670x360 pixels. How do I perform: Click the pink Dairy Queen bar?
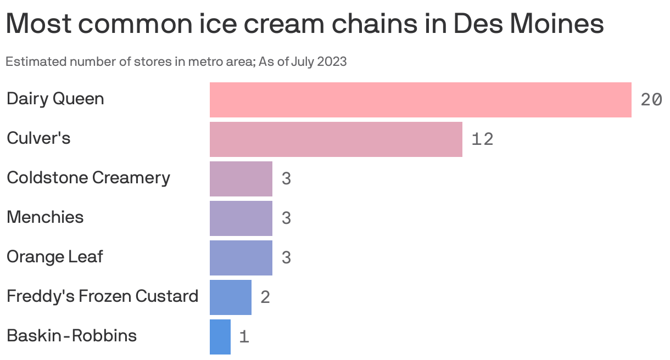(x=420, y=100)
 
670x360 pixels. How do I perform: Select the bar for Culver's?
(x=336, y=139)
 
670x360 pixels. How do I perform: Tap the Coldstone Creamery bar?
(x=241, y=179)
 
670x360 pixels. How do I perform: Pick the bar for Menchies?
(x=241, y=218)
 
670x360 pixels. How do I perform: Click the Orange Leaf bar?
(x=241, y=258)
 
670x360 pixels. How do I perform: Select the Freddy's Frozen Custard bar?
(x=230, y=297)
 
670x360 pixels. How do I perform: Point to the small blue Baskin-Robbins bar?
(x=220, y=337)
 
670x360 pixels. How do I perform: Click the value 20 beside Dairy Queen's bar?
(x=651, y=100)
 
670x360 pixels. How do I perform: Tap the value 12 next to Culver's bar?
(x=482, y=139)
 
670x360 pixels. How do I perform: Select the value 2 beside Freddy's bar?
(x=265, y=297)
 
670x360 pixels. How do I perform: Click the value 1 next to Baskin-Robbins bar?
(x=244, y=337)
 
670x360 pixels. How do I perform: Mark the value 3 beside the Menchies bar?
(x=286, y=218)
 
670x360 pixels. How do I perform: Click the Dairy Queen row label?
(x=55, y=99)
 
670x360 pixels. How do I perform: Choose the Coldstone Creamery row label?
(x=88, y=178)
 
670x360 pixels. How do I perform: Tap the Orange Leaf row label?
(x=54, y=257)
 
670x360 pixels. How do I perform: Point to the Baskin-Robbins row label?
(x=71, y=335)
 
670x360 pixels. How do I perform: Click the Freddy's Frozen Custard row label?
(x=102, y=296)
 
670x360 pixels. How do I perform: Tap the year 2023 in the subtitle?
(x=332, y=61)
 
